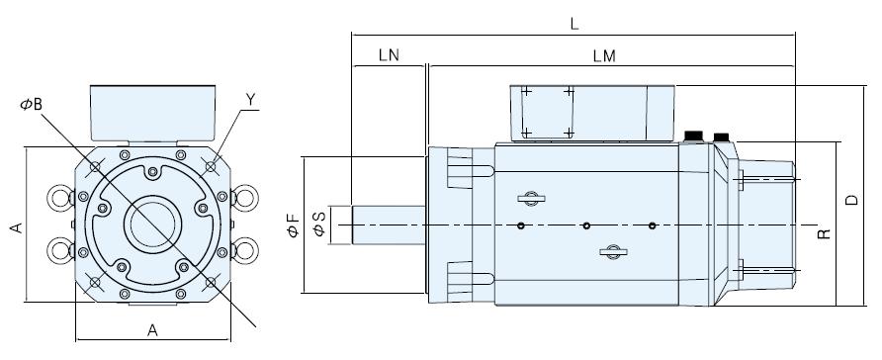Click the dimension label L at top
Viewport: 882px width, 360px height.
click(573, 24)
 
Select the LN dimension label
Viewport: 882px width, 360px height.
click(389, 55)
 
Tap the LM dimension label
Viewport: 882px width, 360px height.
click(604, 56)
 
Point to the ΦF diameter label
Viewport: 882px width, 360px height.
click(293, 225)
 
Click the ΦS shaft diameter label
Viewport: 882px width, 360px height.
click(318, 225)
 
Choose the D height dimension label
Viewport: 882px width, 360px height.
click(852, 200)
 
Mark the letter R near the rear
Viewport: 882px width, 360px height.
click(824, 234)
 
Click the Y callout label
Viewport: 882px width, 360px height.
click(251, 100)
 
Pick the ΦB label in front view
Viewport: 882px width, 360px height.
click(32, 105)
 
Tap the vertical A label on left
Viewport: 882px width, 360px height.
click(17, 227)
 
